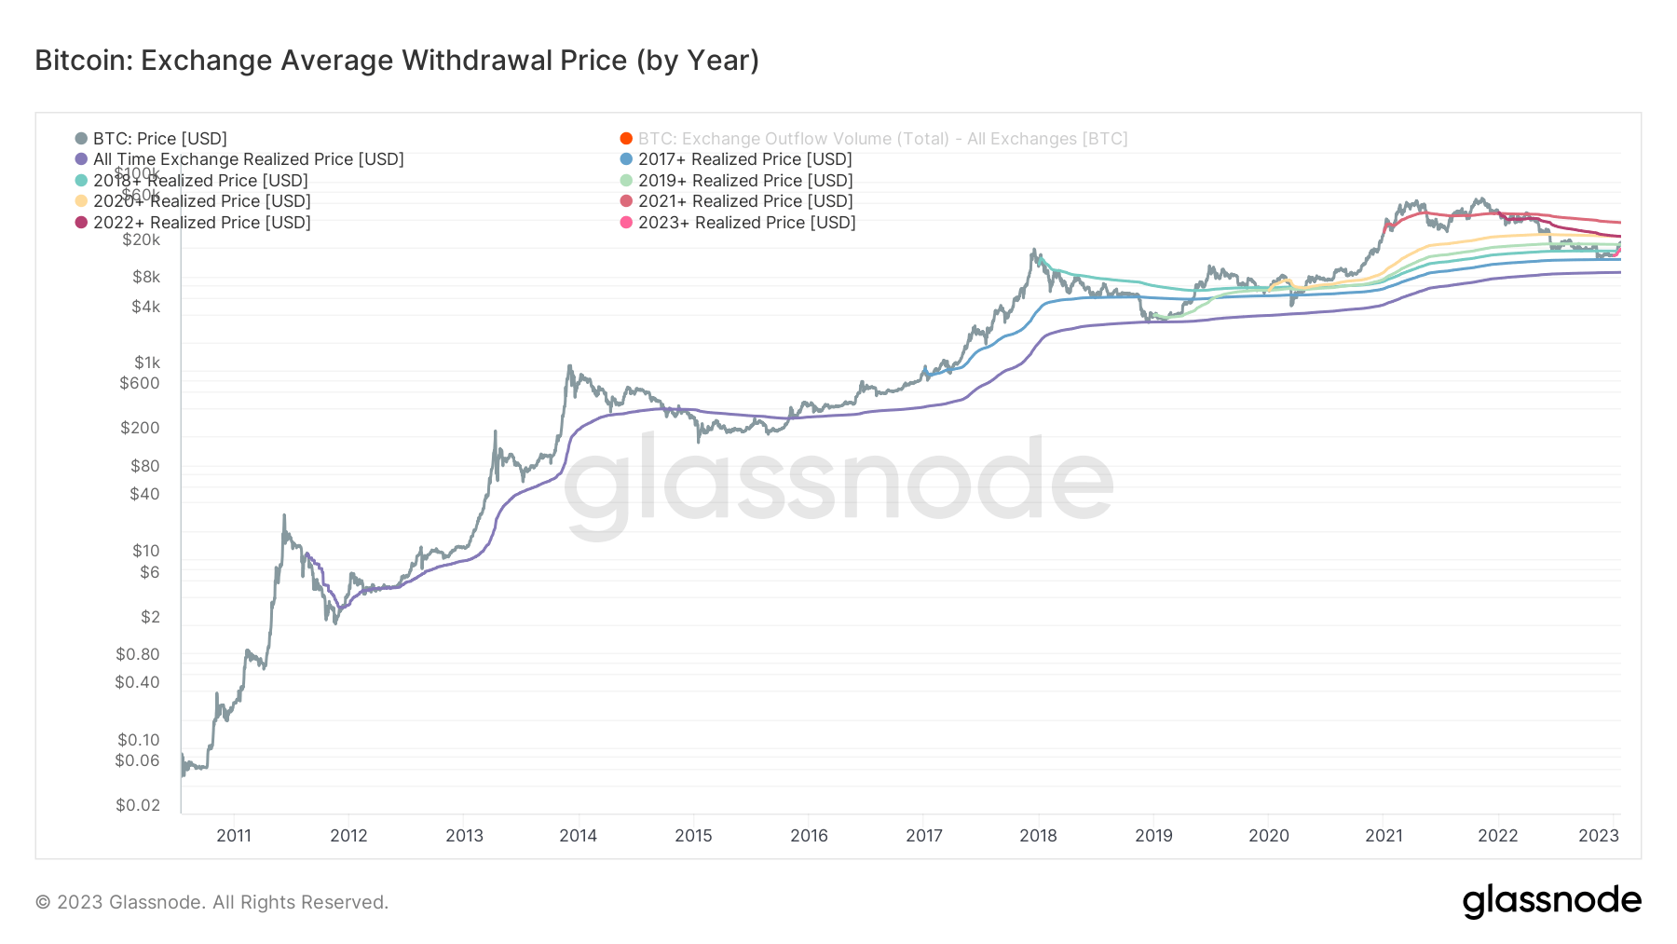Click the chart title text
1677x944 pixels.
point(397,61)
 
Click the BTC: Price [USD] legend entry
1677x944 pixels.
point(159,139)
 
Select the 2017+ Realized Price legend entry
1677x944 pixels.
point(744,159)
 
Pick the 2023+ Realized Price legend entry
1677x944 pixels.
point(746,223)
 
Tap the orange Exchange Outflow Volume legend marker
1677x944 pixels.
point(626,139)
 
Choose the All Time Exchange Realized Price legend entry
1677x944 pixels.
point(248,159)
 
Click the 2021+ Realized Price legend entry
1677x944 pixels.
point(744,201)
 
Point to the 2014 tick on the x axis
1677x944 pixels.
point(578,835)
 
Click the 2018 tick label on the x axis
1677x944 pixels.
point(1038,835)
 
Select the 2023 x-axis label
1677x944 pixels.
point(1598,835)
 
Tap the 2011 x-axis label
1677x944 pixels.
point(234,835)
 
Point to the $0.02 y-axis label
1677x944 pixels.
point(138,805)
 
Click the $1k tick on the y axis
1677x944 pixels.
point(147,363)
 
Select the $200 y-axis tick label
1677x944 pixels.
point(140,428)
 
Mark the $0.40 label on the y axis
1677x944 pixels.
point(137,682)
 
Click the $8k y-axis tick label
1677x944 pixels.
point(146,277)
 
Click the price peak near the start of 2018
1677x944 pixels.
point(1033,250)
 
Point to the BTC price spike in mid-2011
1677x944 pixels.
point(284,515)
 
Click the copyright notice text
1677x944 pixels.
point(211,902)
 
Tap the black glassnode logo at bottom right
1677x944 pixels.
point(1551,901)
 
